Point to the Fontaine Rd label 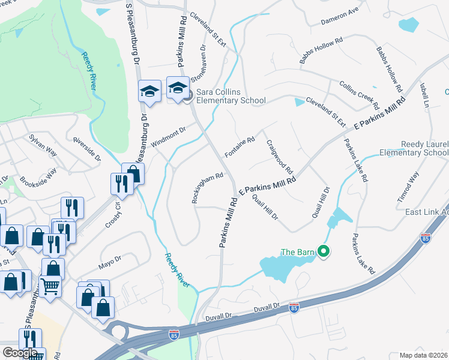point(240,147)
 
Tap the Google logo point(20,352)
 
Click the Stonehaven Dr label point(199,62)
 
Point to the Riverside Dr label point(86,148)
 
